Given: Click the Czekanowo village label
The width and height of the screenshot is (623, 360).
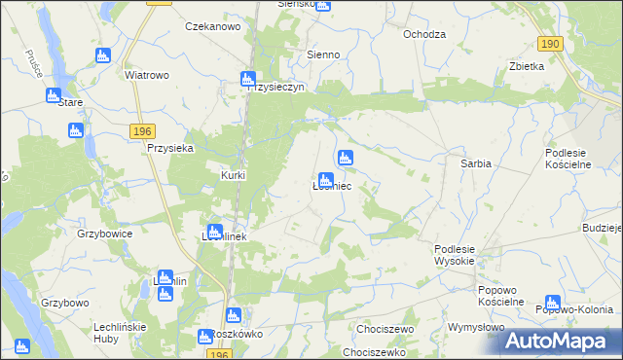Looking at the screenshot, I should coord(212,26).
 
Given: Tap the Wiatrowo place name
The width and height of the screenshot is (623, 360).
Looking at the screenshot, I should coord(147,74).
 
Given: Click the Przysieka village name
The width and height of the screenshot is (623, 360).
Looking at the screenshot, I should coord(170,148).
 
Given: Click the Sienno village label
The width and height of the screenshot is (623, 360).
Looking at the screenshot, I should coord(323,54).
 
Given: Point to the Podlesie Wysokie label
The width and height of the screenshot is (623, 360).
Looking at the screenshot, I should coord(454,256).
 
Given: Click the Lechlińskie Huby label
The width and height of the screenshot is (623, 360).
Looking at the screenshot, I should coord(116,333).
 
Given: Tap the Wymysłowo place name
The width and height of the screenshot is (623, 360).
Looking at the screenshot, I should coord(476,327).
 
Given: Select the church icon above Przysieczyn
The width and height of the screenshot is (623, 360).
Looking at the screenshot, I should coord(248,78).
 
